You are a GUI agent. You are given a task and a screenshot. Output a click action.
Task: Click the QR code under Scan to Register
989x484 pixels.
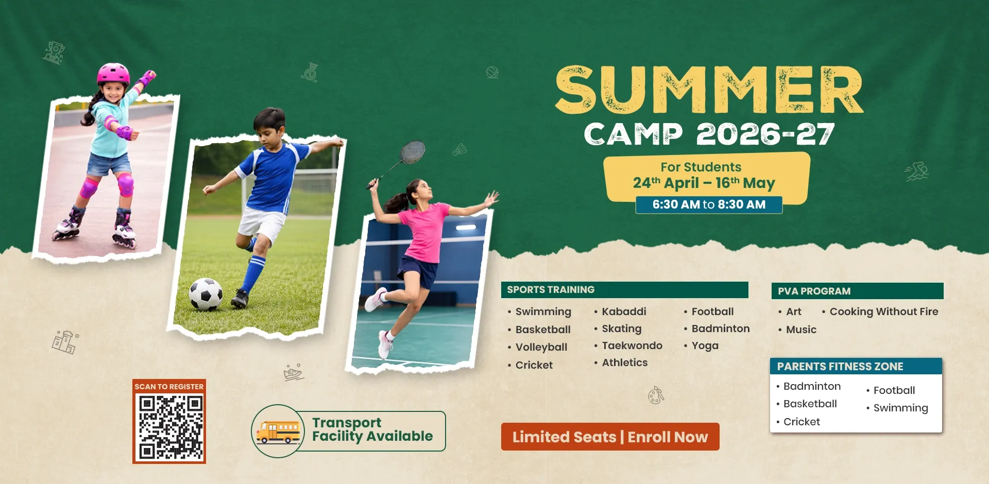click(x=169, y=427)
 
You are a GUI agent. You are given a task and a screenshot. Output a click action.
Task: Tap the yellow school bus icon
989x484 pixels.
click(x=278, y=432)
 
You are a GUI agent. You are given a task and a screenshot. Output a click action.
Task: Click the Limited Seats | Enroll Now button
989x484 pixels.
click(x=610, y=437)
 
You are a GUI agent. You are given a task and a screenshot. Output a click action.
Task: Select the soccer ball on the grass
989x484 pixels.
click(x=206, y=294)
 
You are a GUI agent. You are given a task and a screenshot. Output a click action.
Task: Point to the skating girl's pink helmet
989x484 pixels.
click(x=113, y=73)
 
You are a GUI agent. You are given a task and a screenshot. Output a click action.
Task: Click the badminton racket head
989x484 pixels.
click(x=413, y=152)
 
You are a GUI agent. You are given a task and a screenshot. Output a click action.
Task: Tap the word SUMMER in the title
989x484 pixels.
click(x=709, y=90)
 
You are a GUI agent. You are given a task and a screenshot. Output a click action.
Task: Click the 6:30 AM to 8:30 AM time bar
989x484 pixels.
click(x=709, y=204)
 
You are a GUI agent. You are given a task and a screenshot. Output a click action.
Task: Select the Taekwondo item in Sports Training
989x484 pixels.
click(x=632, y=345)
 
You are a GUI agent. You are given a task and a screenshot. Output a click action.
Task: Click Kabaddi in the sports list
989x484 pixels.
click(x=624, y=312)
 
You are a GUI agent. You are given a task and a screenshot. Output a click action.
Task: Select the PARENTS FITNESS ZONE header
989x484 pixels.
click(x=856, y=366)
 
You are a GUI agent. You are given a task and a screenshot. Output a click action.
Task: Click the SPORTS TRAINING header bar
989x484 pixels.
click(x=624, y=290)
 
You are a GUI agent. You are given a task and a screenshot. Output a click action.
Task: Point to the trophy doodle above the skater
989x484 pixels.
click(x=54, y=53)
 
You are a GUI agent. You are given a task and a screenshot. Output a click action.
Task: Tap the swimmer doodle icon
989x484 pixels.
click(x=917, y=171)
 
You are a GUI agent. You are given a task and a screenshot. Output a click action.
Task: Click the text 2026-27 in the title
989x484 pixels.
click(x=765, y=134)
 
